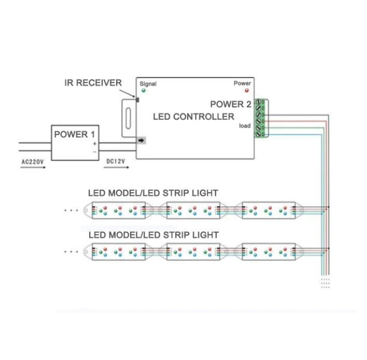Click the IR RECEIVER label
tap(93, 83)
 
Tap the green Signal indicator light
tap(143, 91)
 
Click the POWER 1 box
tap(75, 142)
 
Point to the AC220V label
tap(33, 162)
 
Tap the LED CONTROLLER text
tap(193, 117)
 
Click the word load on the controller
tap(245, 126)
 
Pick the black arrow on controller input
tap(141, 140)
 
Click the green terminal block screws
tap(259, 118)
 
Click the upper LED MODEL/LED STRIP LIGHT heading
tap(153, 193)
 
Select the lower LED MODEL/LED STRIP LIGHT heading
tap(153, 235)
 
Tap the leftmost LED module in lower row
tap(118, 252)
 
